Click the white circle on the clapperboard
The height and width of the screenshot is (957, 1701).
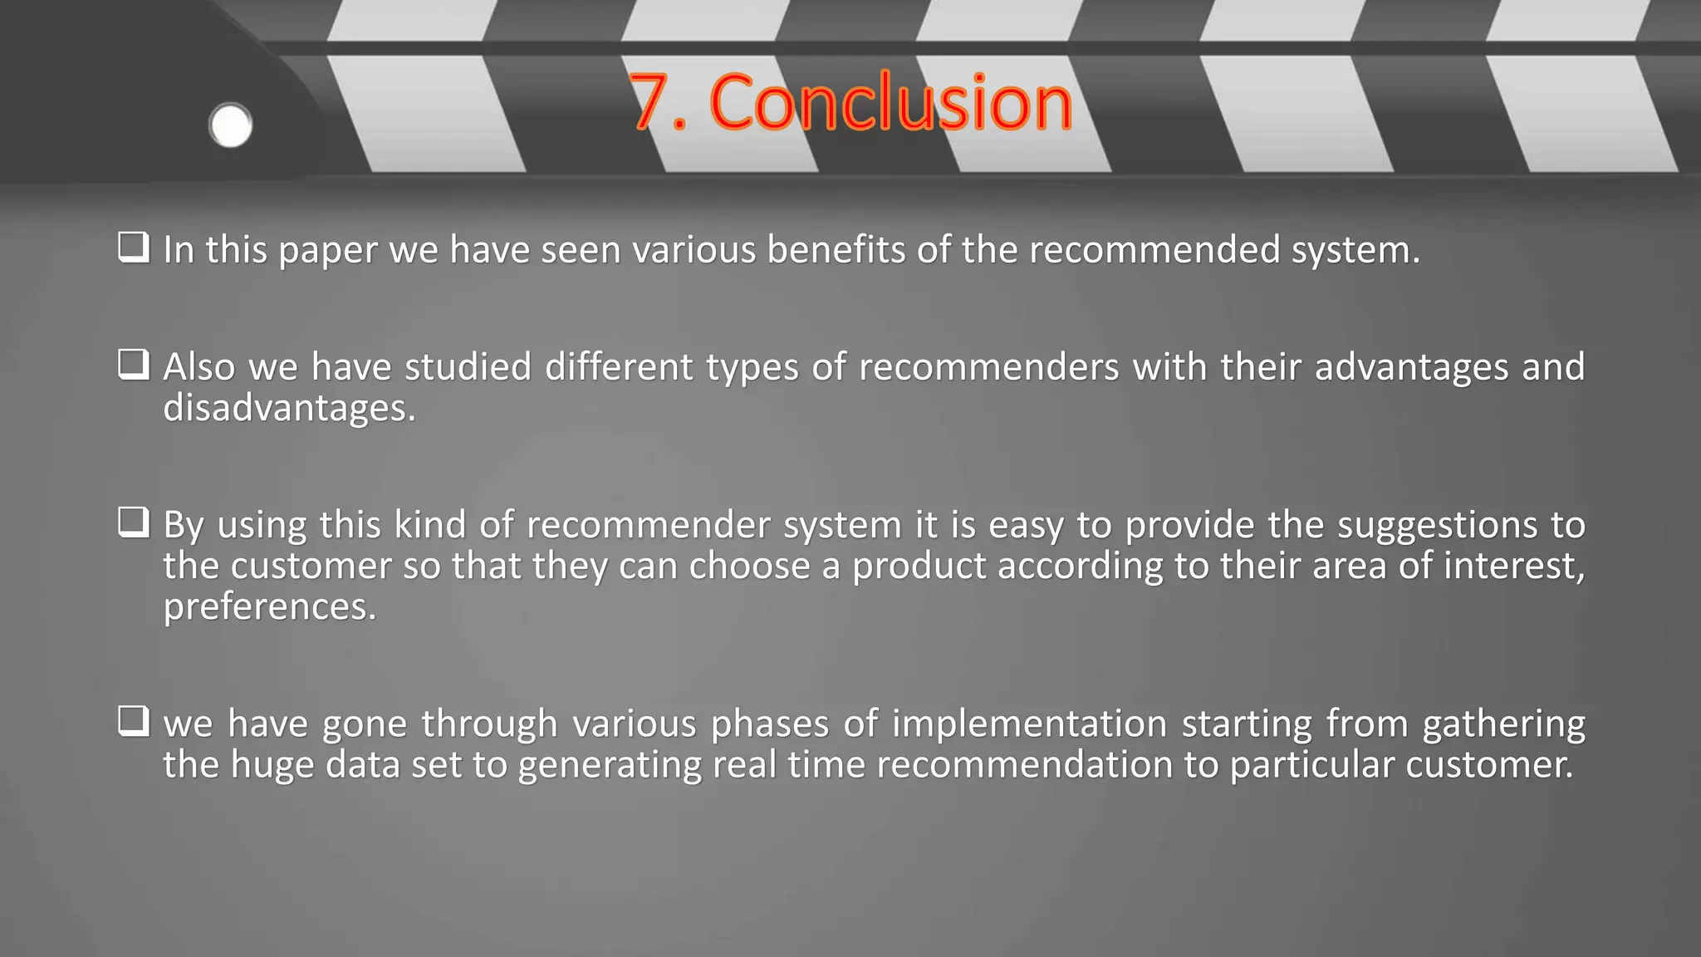[231, 126]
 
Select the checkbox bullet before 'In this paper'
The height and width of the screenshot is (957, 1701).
[134, 248]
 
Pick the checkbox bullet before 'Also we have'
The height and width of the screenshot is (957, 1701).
[134, 365]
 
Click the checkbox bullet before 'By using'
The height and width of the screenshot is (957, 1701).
[134, 523]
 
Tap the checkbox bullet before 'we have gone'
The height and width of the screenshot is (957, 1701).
[134, 721]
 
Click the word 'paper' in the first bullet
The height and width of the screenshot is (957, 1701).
[328, 251]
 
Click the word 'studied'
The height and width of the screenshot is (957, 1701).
[468, 366]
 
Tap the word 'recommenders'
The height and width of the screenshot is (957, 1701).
[989, 366]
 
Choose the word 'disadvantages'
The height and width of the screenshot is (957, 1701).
[289, 408]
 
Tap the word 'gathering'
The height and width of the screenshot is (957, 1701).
[1503, 724]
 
